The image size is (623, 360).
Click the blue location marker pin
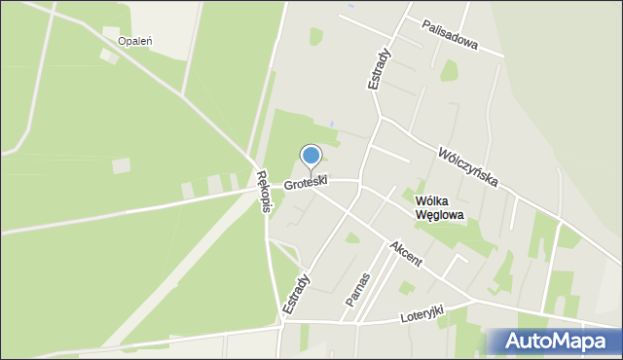[x=311, y=156]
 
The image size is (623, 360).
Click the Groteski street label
[x=306, y=182]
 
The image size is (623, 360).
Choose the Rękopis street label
[x=262, y=191]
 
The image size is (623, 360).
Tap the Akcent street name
[x=405, y=255]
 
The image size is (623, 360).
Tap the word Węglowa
[x=439, y=215]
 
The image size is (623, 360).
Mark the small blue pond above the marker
[x=332, y=125]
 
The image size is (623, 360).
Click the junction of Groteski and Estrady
[x=359, y=181]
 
